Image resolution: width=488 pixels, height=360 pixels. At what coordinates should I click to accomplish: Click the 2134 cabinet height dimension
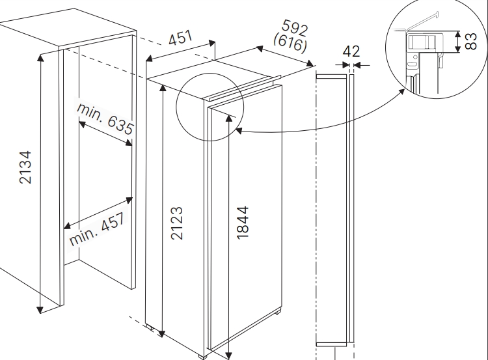click(x=25, y=167)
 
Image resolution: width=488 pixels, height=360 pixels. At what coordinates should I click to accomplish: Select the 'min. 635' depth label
click(x=105, y=118)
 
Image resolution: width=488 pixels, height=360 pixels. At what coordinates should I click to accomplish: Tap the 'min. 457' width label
click(x=98, y=229)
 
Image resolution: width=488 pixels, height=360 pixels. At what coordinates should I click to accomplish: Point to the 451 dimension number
click(x=180, y=37)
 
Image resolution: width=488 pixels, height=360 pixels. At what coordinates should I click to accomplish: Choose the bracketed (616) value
click(x=290, y=42)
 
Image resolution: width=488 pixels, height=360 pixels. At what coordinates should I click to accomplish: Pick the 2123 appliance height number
click(x=177, y=223)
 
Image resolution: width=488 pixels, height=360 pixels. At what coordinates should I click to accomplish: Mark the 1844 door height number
click(x=243, y=223)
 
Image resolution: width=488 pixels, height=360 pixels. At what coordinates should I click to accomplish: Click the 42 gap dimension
click(x=351, y=51)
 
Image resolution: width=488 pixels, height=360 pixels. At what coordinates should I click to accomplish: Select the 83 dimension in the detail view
click(x=470, y=41)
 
